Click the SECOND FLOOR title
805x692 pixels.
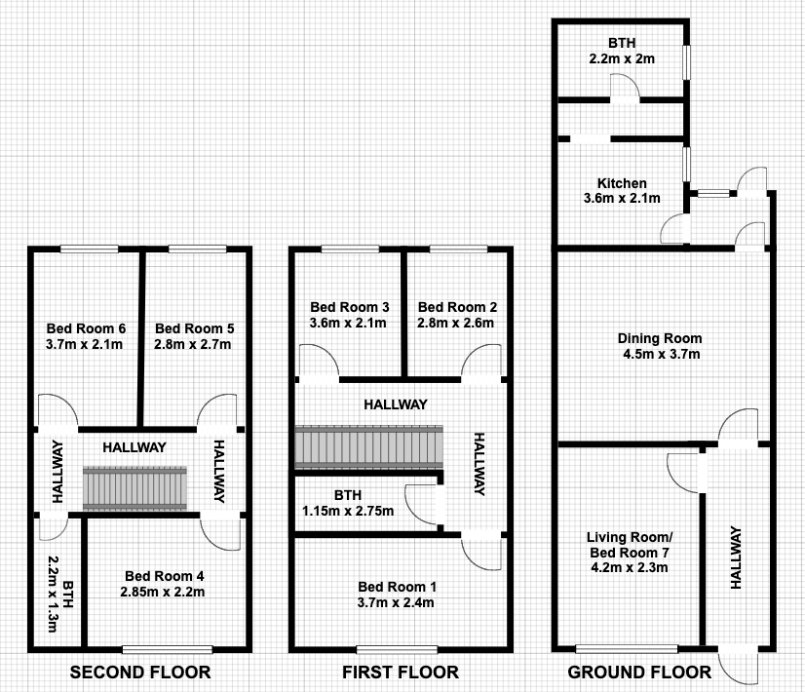click(x=140, y=673)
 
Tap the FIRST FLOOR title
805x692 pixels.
click(x=401, y=673)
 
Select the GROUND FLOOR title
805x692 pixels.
click(x=639, y=673)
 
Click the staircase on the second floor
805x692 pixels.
click(x=135, y=488)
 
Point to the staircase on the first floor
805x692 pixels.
click(x=369, y=447)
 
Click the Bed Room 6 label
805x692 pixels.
click(x=86, y=328)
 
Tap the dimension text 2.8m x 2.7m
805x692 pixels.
click(x=193, y=344)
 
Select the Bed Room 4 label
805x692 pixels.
click(x=165, y=576)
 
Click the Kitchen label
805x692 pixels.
click(x=622, y=183)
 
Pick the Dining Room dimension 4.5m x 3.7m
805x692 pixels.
click(x=661, y=354)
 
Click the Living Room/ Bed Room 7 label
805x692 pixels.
click(x=630, y=545)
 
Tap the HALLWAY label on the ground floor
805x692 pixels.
click(x=736, y=557)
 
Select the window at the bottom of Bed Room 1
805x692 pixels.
click(x=397, y=650)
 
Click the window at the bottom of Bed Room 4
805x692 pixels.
click(x=168, y=650)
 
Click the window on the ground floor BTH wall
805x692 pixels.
click(x=686, y=62)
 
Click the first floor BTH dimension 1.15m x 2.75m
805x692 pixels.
click(x=348, y=512)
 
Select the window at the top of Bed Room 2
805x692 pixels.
click(x=458, y=250)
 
